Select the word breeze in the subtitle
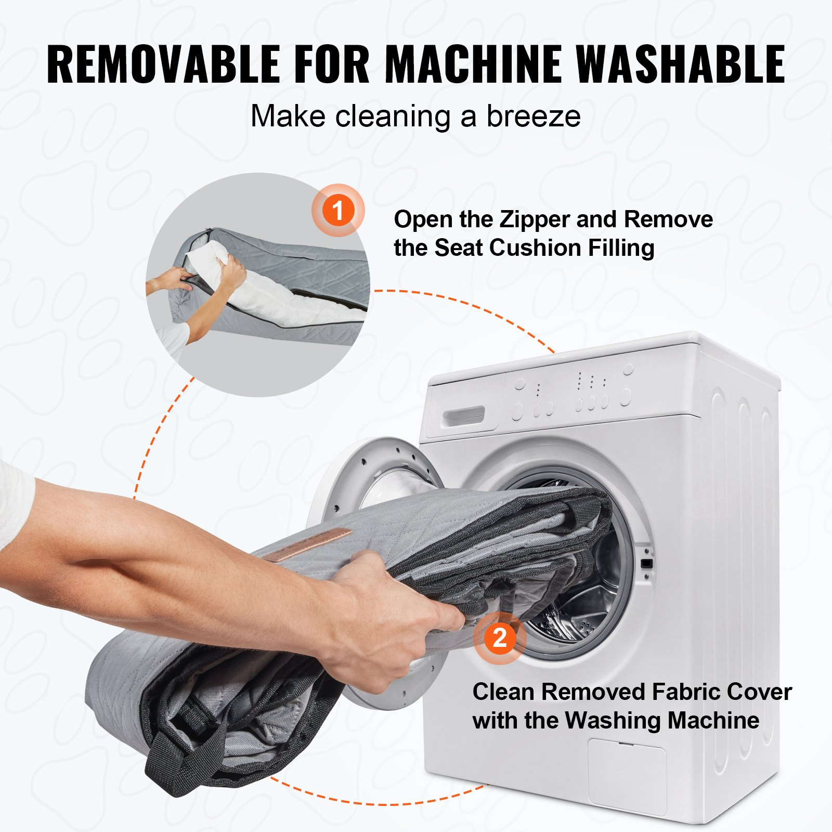pyautogui.click(x=533, y=116)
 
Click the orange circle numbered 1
pyautogui.click(x=338, y=211)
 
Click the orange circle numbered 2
pyautogui.click(x=500, y=638)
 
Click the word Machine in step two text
pyautogui.click(x=713, y=721)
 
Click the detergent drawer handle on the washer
pyautogui.click(x=463, y=416)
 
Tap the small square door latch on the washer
pyautogui.click(x=647, y=563)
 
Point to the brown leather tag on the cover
pyautogui.click(x=307, y=544)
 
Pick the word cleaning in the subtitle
pyautogui.click(x=393, y=117)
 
